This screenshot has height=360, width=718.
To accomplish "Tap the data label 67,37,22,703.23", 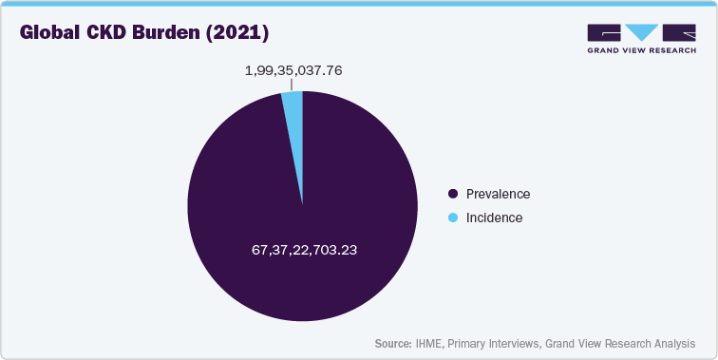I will pos(302,251).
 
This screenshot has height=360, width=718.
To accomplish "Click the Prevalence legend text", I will pos(498,194).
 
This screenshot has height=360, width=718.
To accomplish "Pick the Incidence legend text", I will pos(494,218).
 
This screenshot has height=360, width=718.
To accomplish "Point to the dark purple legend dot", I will pos(453,194).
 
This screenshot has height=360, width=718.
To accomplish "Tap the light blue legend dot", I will pos(453,218).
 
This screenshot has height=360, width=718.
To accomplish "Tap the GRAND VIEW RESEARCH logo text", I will pos(642,50).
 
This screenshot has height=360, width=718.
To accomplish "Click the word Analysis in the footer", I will pos(671,343).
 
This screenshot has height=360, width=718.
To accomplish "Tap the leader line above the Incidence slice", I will pos(291,85).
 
